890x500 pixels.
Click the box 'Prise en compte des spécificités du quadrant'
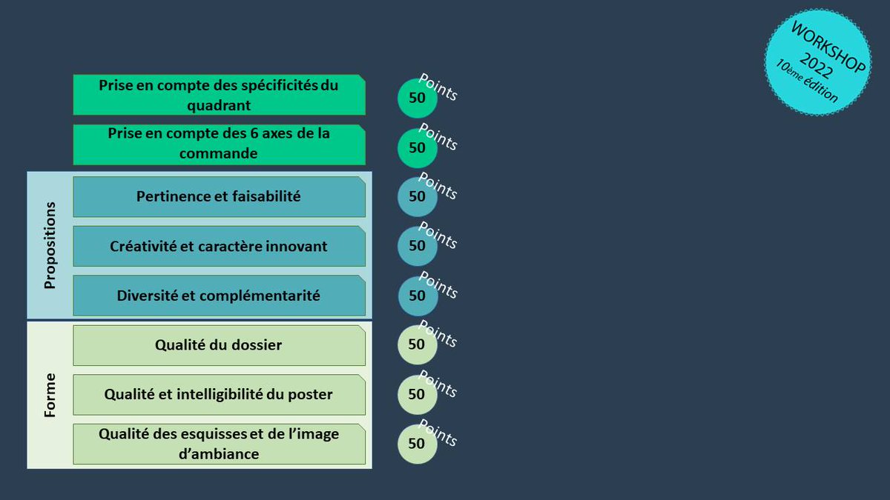[219, 95]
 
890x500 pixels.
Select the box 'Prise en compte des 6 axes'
[219, 144]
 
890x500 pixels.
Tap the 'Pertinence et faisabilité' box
[219, 196]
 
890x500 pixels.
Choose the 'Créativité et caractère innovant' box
[219, 246]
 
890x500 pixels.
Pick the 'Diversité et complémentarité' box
[219, 296]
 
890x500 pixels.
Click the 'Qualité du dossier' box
[219, 344]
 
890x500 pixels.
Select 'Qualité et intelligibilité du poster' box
[219, 394]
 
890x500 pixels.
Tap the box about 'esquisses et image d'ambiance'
[219, 444]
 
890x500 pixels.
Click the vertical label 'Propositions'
[50, 245]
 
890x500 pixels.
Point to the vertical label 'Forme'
[50, 395]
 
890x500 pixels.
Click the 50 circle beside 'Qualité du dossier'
[417, 344]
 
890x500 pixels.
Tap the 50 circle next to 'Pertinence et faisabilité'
[417, 196]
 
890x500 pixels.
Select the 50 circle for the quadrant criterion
[417, 98]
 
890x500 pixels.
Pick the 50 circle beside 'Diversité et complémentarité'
[417, 296]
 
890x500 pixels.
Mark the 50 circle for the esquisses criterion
[417, 444]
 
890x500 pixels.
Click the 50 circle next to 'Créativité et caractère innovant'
[417, 246]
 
